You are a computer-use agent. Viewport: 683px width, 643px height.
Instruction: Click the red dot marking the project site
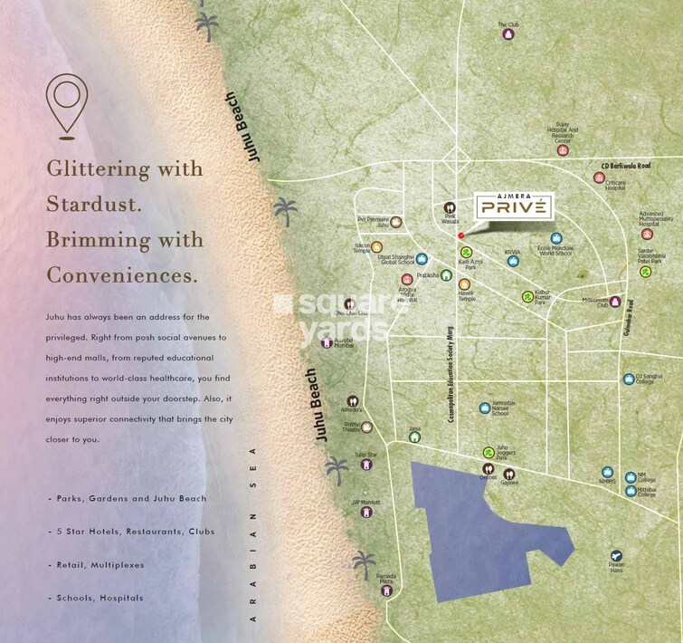click(461, 235)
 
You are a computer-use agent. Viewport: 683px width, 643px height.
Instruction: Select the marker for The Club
click(508, 35)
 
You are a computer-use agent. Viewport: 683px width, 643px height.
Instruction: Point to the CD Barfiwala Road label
click(626, 167)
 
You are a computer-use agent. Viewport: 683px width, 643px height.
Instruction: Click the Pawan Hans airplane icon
click(616, 555)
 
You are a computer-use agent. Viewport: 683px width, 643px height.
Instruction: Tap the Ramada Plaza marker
click(387, 590)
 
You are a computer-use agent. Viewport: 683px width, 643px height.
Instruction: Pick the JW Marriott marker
click(366, 513)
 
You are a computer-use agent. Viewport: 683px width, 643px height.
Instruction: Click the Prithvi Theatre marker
click(366, 427)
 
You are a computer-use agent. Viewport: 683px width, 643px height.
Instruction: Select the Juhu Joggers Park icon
click(489, 453)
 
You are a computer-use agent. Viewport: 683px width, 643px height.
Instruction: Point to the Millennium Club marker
click(615, 302)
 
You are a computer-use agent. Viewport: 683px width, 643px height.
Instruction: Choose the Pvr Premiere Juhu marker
click(395, 221)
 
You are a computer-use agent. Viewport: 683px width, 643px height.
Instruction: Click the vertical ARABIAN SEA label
click(254, 534)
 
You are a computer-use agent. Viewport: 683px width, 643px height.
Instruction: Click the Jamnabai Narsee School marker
click(485, 408)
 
